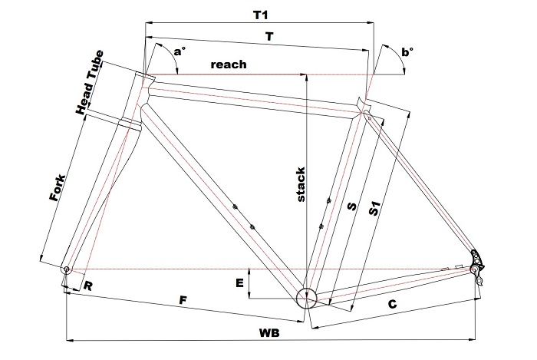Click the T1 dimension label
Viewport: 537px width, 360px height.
click(260, 15)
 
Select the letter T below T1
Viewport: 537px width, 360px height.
click(269, 37)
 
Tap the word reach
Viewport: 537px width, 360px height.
click(229, 64)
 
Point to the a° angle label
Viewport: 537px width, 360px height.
click(179, 51)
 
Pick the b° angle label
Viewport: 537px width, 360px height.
click(407, 52)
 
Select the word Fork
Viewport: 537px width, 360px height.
click(58, 188)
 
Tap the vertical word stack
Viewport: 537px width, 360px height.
click(301, 184)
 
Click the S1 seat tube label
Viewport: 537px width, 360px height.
click(374, 209)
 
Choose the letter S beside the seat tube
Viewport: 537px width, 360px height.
click(351, 206)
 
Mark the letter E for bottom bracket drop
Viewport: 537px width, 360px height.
click(239, 283)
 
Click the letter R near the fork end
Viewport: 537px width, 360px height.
click(87, 286)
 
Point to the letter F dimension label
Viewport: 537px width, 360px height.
click(183, 300)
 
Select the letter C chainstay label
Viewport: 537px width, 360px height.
click(393, 304)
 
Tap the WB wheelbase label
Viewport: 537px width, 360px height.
click(269, 332)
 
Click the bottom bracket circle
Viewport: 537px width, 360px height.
click(307, 299)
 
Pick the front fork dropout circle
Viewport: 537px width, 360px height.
click(67, 269)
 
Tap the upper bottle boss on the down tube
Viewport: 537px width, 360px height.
click(235, 206)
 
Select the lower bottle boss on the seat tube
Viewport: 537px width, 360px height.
click(321, 226)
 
